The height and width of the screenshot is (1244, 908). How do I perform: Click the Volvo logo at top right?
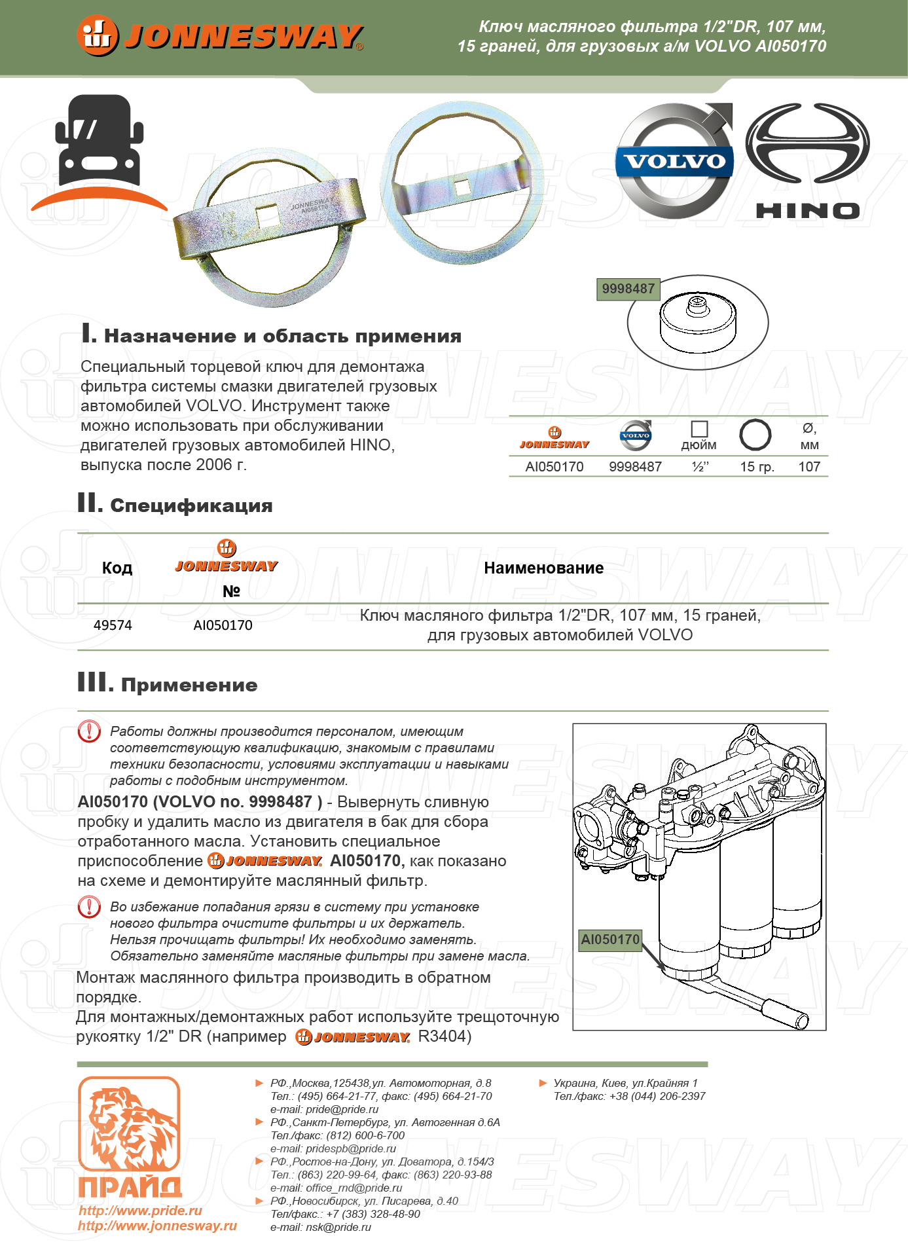click(x=674, y=161)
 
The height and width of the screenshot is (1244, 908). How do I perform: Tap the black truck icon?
click(x=100, y=140)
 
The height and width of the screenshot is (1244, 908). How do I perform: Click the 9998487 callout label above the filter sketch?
click(x=628, y=289)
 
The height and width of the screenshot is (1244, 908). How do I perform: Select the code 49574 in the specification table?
click(x=113, y=625)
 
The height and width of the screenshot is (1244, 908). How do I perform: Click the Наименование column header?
click(x=543, y=568)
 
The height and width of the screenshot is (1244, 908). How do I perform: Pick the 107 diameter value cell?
click(x=809, y=467)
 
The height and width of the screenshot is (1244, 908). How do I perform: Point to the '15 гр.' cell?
click(x=757, y=467)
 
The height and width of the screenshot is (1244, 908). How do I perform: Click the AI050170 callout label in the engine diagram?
click(x=610, y=940)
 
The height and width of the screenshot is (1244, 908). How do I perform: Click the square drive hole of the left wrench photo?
click(x=267, y=215)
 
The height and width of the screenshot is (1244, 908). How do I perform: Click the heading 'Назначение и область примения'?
click(x=282, y=337)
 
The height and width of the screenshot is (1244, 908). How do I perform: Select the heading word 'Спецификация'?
click(x=191, y=506)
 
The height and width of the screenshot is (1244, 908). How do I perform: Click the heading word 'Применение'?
click(x=189, y=686)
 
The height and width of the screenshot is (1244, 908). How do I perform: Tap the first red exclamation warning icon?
click(x=89, y=731)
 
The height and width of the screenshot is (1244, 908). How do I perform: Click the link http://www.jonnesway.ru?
click(x=157, y=1226)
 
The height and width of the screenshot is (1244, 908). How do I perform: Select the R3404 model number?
click(x=445, y=1036)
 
